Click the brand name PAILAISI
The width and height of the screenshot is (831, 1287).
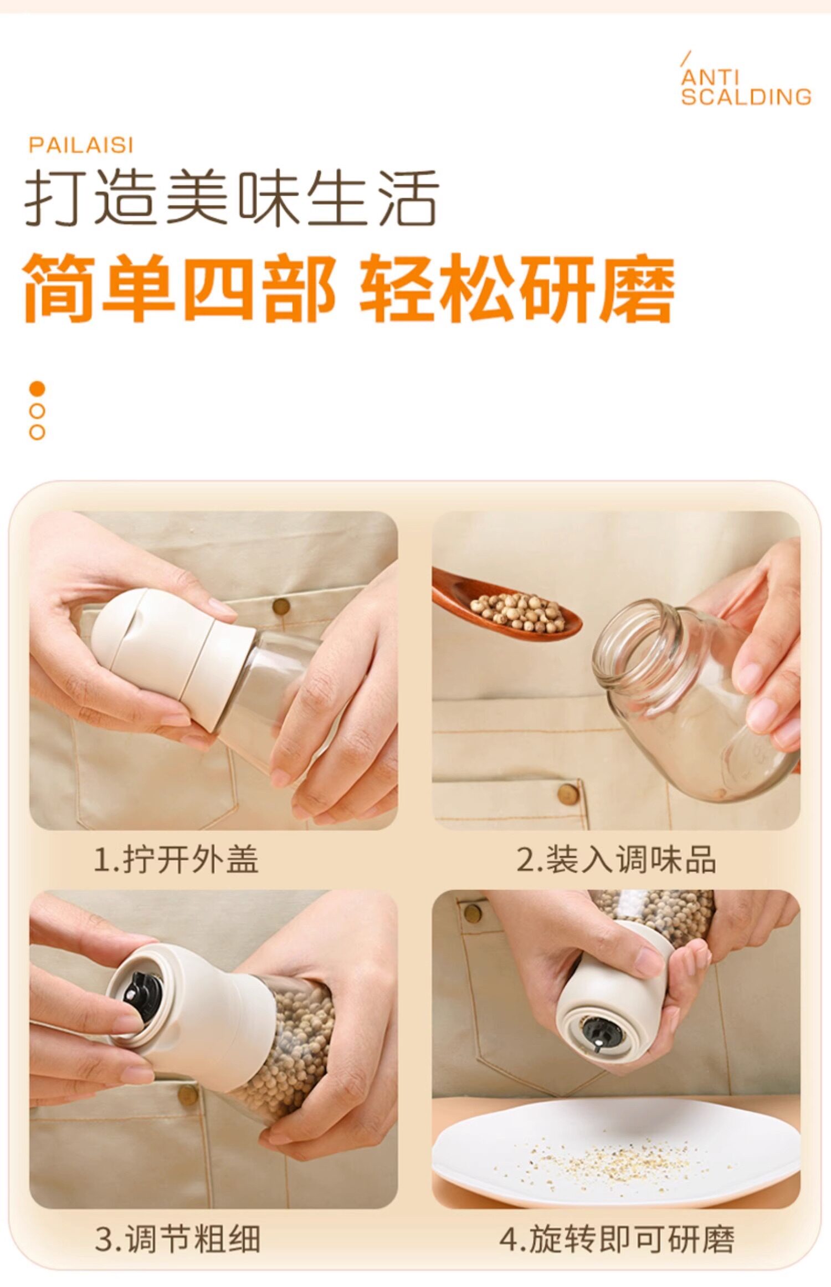pyautogui.click(x=81, y=145)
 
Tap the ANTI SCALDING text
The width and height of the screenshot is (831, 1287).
pyautogui.click(x=746, y=87)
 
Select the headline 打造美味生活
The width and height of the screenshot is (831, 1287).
pyautogui.click(x=232, y=197)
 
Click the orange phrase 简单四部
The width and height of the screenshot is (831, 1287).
pyautogui.click(x=179, y=288)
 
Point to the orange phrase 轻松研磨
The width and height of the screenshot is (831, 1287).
pyautogui.click(x=517, y=288)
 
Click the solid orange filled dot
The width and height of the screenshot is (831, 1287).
pyautogui.click(x=37, y=389)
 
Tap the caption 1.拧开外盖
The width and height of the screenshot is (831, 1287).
pyautogui.click(x=176, y=860)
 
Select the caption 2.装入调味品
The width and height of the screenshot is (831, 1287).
pyautogui.click(x=616, y=860)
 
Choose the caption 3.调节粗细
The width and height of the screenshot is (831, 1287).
pyautogui.click(x=177, y=1239)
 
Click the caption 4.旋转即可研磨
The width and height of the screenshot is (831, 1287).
pyautogui.click(x=617, y=1239)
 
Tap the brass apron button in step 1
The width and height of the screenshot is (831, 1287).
pyautogui.click(x=281, y=606)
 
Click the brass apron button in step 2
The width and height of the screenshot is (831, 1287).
pyautogui.click(x=568, y=794)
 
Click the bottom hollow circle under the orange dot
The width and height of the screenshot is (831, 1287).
pyautogui.click(x=37, y=432)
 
